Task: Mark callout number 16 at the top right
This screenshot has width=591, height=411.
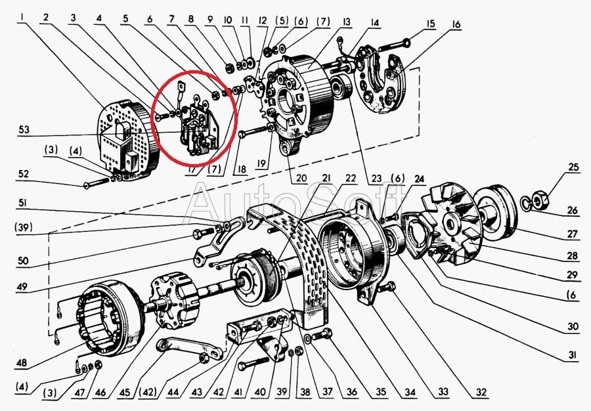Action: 456,25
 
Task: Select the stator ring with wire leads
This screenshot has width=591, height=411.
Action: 108,322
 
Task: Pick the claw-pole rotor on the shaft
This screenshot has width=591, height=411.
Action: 173,301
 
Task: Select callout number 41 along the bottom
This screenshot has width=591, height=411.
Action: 237,393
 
